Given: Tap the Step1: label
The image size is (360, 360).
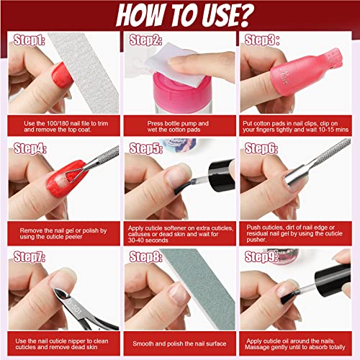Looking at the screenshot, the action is point(29,40).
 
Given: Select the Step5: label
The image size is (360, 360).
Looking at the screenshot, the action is point(146,148).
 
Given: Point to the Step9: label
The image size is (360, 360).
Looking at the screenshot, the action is point(261,256).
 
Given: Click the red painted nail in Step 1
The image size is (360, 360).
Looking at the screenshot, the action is point(62,76).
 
